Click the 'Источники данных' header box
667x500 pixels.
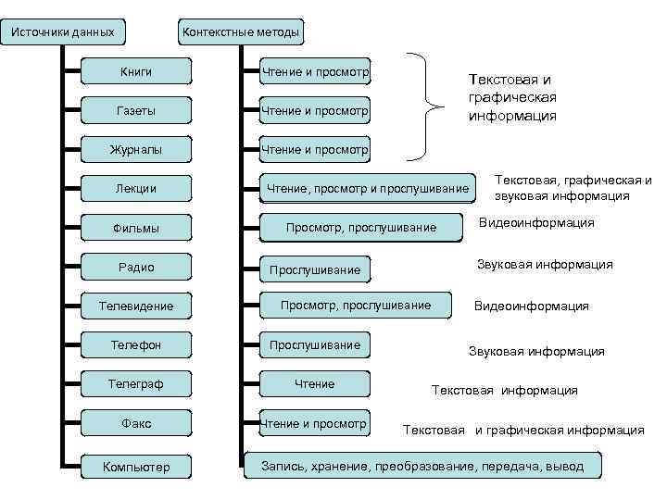(62, 32)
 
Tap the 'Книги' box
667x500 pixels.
(136, 71)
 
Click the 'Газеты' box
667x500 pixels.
(136, 111)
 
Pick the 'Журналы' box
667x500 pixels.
(136, 149)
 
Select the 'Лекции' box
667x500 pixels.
(136, 189)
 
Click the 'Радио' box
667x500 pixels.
(136, 268)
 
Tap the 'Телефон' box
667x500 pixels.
(136, 345)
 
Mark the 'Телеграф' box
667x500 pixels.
(136, 383)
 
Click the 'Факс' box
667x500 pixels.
(136, 423)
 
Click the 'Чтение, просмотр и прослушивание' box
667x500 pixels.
(368, 189)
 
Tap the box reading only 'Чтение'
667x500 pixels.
(314, 383)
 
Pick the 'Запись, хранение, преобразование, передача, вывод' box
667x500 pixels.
(422, 466)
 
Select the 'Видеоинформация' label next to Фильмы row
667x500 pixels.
(536, 223)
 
